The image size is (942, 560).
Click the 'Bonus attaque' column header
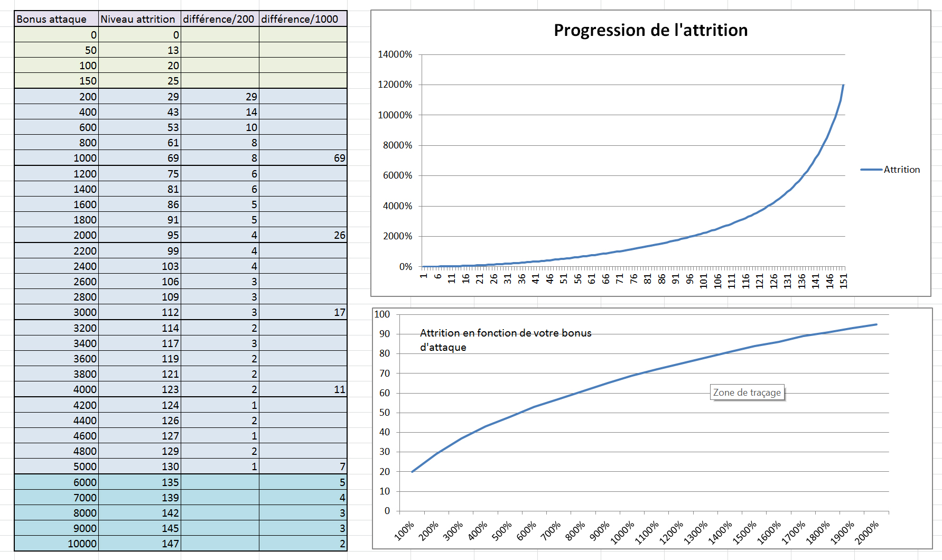tap(56, 19)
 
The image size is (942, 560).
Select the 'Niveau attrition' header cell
tap(139, 19)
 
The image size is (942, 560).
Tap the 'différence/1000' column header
tap(303, 19)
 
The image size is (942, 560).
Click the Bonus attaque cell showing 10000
tap(56, 544)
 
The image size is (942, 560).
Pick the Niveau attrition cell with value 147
tap(139, 544)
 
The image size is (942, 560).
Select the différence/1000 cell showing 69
tap(303, 158)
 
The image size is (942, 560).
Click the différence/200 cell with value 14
tap(220, 112)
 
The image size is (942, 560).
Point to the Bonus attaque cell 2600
tap(56, 282)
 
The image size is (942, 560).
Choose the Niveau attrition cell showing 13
tap(139, 50)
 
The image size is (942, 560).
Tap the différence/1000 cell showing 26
tap(303, 235)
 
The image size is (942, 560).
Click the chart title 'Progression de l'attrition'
tap(650, 30)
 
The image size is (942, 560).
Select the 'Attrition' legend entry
tap(890, 170)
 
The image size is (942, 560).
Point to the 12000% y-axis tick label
tap(395, 85)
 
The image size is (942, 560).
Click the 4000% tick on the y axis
tap(397, 206)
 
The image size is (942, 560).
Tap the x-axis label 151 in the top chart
tap(844, 281)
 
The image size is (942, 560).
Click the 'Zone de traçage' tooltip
tap(747, 393)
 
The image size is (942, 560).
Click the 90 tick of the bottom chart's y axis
tap(385, 334)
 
